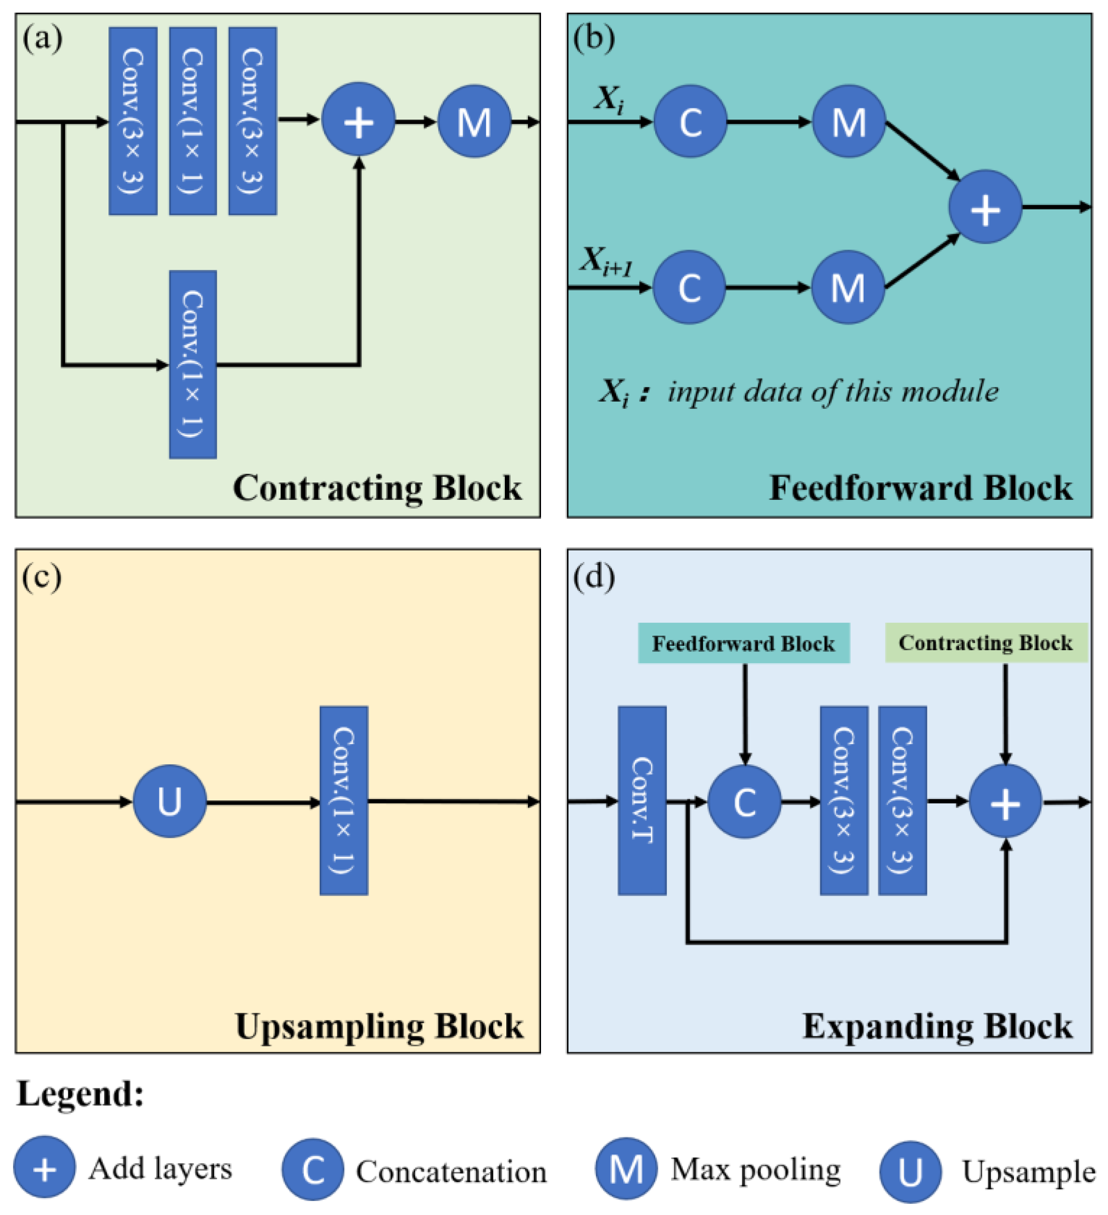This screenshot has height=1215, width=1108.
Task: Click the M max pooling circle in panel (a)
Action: [475, 122]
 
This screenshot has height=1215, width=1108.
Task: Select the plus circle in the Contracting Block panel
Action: [359, 120]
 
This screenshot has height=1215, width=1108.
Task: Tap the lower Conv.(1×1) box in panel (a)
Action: [193, 365]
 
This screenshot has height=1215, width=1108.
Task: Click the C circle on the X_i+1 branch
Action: [689, 287]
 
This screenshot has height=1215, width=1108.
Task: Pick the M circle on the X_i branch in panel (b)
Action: [849, 122]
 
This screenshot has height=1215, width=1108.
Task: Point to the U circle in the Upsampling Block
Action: [170, 801]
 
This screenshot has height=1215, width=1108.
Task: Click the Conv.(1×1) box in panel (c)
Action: [343, 801]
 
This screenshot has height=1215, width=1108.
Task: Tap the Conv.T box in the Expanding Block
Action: [642, 801]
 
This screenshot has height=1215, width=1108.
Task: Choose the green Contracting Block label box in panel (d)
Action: [986, 643]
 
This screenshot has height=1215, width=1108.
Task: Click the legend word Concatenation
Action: [451, 1172]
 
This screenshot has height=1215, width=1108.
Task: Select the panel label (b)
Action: [594, 38]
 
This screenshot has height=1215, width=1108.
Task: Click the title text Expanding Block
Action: [937, 1026]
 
